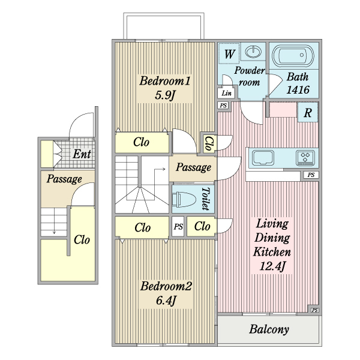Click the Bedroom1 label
pos(165,81)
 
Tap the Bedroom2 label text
pos(166,286)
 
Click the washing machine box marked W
pos(229,54)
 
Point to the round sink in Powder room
pos(254,52)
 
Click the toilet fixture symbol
pos(185,199)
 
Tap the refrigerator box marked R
pos(307,112)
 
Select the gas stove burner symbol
pos(306,158)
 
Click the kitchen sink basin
pos(263,158)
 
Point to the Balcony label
pos(269,329)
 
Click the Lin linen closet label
pos(226,94)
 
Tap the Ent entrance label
pos(82,154)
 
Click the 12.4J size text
pos(272,265)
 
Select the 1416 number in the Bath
pos(298,90)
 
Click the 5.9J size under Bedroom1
pos(164,95)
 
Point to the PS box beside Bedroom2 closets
pos(178,227)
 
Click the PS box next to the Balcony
pos(314,310)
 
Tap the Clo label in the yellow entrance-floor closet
pos(82,239)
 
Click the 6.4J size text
pos(166,300)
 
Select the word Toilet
pos(205,199)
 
